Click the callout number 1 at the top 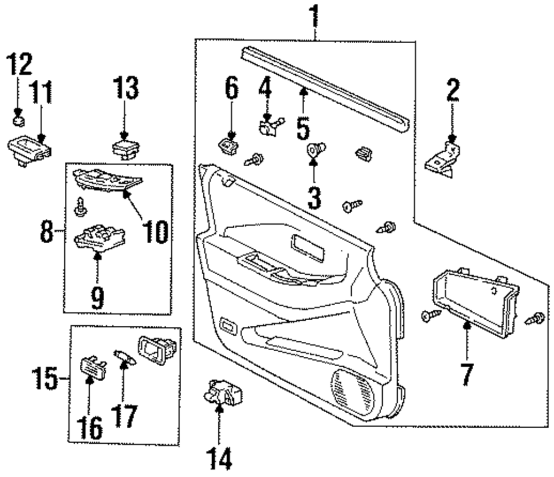pos(315,16)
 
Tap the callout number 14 pos(219,458)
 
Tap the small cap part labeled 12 pos(19,121)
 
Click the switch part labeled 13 pos(126,149)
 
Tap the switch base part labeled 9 pos(100,239)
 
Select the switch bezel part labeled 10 pos(108,180)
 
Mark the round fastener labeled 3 pos(315,150)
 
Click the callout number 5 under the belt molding pos(303,128)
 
